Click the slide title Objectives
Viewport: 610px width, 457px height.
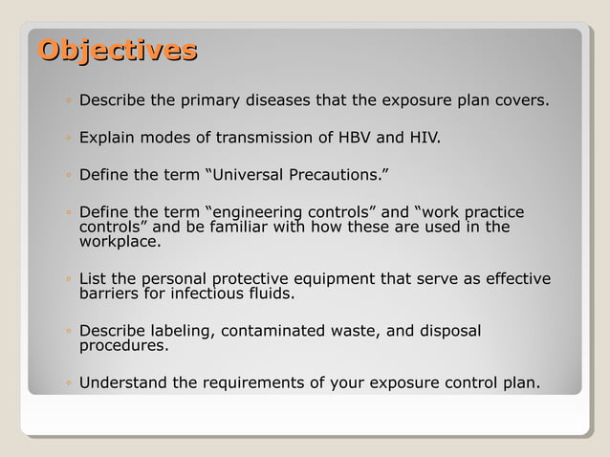coord(118,51)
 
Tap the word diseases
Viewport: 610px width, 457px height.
coord(281,100)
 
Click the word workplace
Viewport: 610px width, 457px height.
coord(119,242)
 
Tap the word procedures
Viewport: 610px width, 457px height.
coord(123,346)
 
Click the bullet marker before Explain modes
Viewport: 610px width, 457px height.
coord(70,139)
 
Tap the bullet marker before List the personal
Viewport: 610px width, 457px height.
coord(70,280)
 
